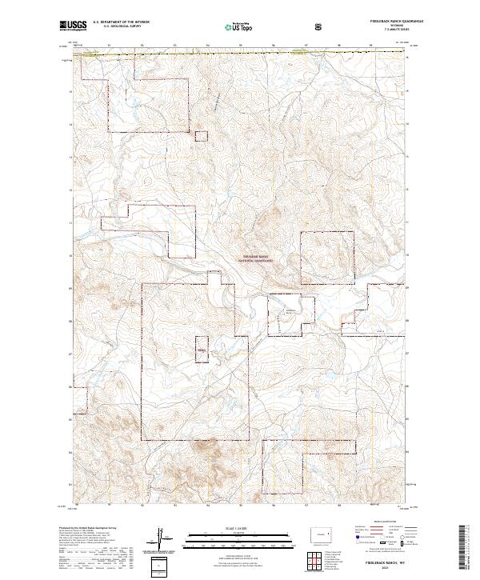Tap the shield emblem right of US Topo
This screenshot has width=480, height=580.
pos(320,26)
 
